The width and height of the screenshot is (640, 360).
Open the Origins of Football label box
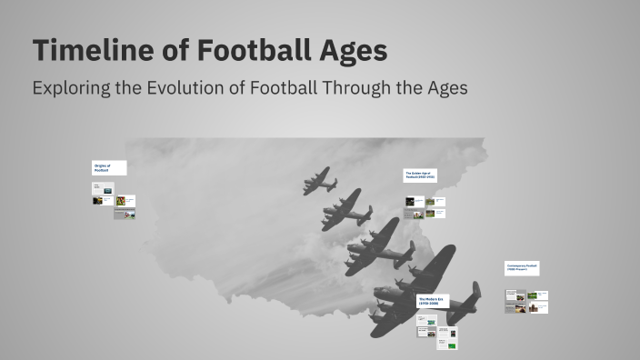pos(108,168)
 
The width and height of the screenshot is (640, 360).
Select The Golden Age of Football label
pos(420,175)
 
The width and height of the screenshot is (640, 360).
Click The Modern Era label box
pos(432,301)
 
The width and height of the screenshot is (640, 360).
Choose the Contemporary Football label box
pos(523,268)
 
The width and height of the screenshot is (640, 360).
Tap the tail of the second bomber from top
pos(365,216)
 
